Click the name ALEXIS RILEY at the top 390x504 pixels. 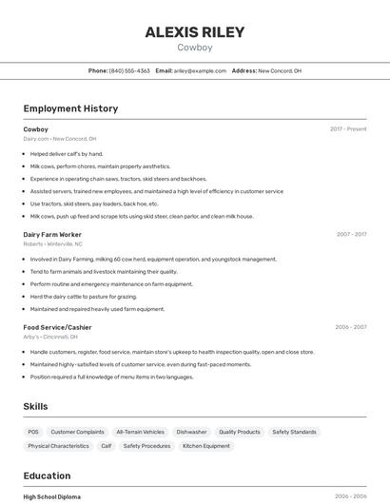coord(194,31)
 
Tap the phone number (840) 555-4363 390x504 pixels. coord(129,70)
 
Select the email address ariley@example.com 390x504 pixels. coord(200,70)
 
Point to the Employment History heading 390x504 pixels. coord(70,108)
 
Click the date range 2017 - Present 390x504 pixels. coord(348,129)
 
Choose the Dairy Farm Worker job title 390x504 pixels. coord(52,234)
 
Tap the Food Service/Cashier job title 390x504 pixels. coord(57,327)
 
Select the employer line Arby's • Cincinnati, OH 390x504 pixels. coord(50,337)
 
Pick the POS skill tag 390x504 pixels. coord(33,432)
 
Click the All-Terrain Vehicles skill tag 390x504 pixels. coord(140,432)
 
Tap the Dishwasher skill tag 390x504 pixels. coord(191,432)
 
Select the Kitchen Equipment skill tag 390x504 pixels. coord(206,446)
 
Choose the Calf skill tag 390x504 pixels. coord(107,446)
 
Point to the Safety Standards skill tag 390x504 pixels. coord(294,432)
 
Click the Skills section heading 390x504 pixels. coord(35,406)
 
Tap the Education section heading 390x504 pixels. coord(47,475)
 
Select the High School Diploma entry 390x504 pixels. coord(51,496)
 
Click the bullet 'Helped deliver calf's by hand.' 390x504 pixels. coord(67,153)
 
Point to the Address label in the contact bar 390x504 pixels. coord(244,70)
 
